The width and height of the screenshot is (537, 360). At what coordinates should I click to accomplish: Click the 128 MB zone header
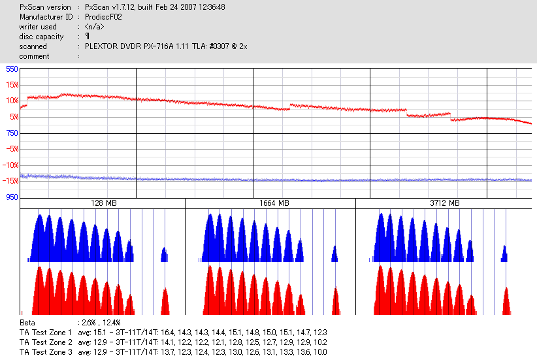[x=103, y=204]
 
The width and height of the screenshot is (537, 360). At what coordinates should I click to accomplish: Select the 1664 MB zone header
[x=271, y=204]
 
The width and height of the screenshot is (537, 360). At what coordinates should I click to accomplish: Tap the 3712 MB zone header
[x=444, y=204]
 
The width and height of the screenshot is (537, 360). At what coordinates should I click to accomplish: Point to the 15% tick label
[x=12, y=85]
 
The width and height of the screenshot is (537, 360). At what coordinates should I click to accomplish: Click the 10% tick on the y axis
[x=12, y=101]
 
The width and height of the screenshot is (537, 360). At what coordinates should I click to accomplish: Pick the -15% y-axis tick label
[x=10, y=181]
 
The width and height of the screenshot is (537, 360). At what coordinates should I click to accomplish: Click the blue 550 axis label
[x=12, y=69]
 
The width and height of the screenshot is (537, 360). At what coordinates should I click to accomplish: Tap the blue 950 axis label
[x=12, y=197]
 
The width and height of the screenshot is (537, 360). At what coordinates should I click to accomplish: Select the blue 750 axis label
[x=12, y=133]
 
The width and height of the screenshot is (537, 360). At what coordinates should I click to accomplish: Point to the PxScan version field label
[x=45, y=7]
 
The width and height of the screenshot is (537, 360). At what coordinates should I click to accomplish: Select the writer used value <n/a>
[x=94, y=27]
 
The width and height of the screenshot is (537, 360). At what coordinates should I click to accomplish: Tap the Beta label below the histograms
[x=27, y=323]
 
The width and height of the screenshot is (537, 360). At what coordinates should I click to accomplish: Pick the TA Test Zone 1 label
[x=46, y=333]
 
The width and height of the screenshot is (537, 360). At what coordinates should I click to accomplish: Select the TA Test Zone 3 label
[x=46, y=352]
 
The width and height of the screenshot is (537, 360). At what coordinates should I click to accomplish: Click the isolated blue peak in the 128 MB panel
[x=164, y=255]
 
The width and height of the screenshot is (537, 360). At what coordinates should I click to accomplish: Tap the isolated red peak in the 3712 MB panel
[x=506, y=302]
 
